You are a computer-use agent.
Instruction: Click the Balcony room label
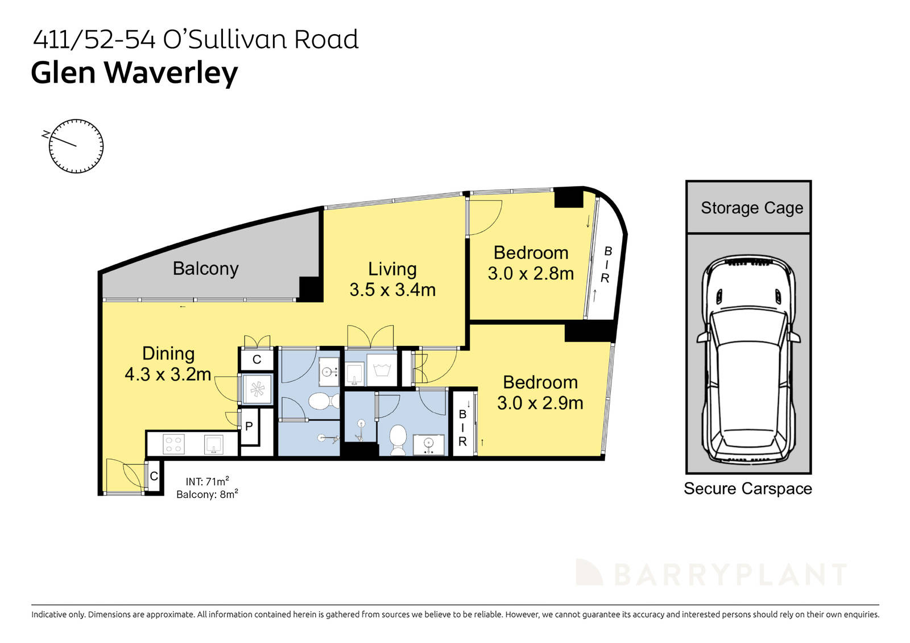[x=205, y=268]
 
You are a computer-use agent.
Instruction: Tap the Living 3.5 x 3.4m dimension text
[x=392, y=290]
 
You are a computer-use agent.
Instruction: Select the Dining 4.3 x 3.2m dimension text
[x=168, y=374]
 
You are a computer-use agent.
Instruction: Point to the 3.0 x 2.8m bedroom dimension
[x=531, y=274]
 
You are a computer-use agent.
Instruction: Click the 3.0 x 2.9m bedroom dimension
[x=540, y=403]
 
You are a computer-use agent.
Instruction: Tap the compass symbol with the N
[x=76, y=146]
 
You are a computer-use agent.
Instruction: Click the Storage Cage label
[x=751, y=208]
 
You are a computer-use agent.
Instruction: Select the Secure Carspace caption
[x=747, y=488]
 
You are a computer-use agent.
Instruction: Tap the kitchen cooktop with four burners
[x=173, y=444]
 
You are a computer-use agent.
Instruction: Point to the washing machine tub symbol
[x=381, y=370]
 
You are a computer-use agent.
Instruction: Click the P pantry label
[x=249, y=426]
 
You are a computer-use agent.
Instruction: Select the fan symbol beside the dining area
[x=258, y=389]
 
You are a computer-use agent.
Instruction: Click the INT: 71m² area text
[x=207, y=481]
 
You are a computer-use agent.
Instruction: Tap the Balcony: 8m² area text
[x=207, y=494]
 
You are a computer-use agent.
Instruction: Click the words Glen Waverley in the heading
[x=134, y=73]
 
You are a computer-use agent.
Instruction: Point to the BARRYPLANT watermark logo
[x=711, y=573]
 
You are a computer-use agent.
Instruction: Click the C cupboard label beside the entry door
[x=154, y=477]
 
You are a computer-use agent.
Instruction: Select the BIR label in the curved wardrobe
[x=606, y=265]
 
